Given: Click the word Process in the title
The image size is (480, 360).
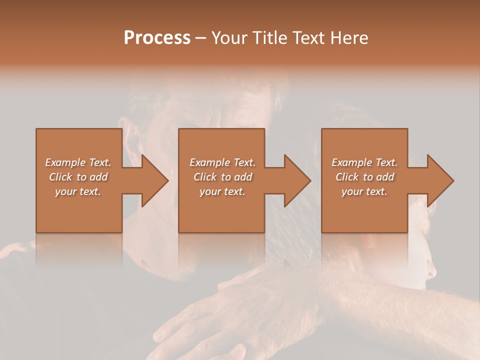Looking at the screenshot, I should tap(157, 38).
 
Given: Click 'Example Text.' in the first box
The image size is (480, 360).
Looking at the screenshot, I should tap(78, 162).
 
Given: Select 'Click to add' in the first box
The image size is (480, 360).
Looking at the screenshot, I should tap(78, 177).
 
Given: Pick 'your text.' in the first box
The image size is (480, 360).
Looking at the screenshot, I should tap(78, 191).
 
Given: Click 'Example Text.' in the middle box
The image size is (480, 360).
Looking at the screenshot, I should tap(222, 162).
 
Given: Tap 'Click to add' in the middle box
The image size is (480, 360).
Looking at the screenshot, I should tap(222, 177).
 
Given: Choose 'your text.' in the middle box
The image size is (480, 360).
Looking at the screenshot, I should tap(222, 191).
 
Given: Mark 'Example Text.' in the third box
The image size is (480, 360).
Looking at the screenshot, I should tap(364, 162).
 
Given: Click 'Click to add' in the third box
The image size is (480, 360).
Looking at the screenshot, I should tap(364, 177).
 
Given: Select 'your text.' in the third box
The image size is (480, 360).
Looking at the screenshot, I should tap(364, 191).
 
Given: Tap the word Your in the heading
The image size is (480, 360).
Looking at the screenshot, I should tap(228, 38).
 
